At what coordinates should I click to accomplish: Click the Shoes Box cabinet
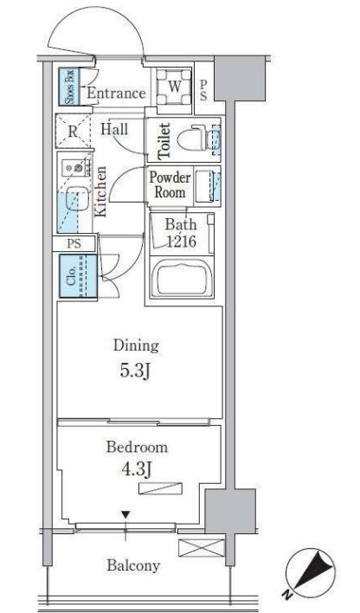click(x=69, y=87)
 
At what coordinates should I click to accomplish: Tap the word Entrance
click(x=116, y=94)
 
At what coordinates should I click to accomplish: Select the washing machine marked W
click(x=174, y=87)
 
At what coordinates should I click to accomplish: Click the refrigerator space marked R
click(x=73, y=132)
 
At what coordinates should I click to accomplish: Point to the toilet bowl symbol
click(x=191, y=139)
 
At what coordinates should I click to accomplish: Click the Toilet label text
click(x=164, y=141)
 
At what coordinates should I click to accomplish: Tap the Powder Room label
click(x=170, y=184)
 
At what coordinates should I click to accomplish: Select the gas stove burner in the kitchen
click(x=79, y=168)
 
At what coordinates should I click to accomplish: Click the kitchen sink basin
click(x=75, y=198)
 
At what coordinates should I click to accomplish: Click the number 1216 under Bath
click(x=182, y=242)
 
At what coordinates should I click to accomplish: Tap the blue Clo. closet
click(x=78, y=276)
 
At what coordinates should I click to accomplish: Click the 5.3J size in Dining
click(x=135, y=371)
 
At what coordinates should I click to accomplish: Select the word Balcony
click(x=133, y=565)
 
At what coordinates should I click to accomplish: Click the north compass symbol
click(x=310, y=573)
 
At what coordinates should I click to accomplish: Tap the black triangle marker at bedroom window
click(x=125, y=515)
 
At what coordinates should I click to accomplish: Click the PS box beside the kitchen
click(x=74, y=243)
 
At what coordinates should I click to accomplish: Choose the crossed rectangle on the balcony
click(x=202, y=547)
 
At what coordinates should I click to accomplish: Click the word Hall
click(x=114, y=129)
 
